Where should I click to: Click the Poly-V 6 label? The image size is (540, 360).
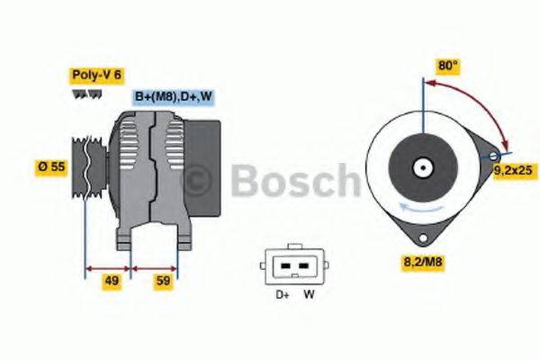click(x=96, y=76)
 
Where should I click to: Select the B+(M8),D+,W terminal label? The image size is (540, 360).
click(x=175, y=96)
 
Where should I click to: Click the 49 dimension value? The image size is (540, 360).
click(x=112, y=282)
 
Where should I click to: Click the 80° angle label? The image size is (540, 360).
click(x=447, y=66)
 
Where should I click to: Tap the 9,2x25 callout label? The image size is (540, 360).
click(x=514, y=168)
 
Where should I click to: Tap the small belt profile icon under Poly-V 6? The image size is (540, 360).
click(x=82, y=94)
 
